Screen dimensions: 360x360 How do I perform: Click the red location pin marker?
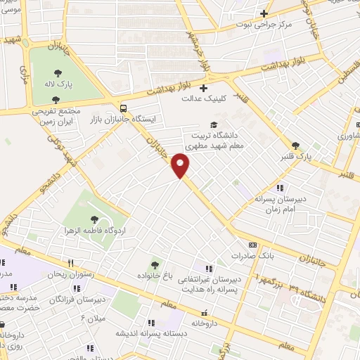[181, 165]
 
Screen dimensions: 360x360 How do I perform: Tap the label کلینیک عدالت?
[201, 99]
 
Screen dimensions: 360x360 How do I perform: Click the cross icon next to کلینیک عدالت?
[202, 88]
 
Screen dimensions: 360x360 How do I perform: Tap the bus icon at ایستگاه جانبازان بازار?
[124, 108]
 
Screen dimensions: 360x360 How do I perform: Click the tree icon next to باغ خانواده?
[154, 264]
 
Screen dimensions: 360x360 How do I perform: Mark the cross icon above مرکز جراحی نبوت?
[264, 13]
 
